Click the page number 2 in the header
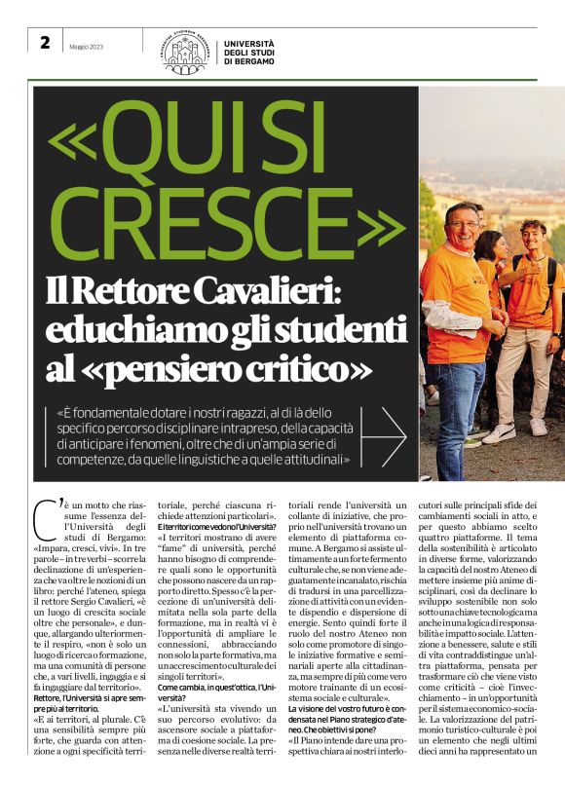[x=45, y=44]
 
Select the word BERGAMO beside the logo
[x=249, y=61]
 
